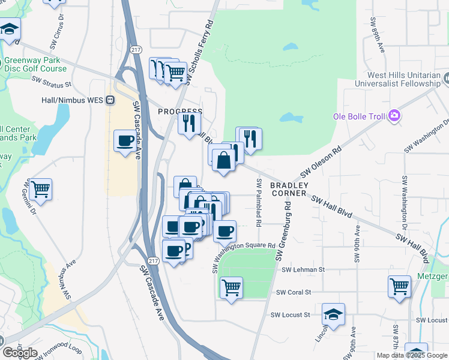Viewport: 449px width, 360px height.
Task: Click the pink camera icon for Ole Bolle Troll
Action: click(394, 115)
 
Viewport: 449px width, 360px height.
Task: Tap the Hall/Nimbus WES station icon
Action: click(110, 100)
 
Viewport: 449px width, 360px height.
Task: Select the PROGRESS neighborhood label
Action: click(179, 112)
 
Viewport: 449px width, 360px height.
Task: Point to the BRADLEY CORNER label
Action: click(289, 189)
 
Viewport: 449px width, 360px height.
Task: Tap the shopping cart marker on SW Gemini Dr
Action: click(40, 189)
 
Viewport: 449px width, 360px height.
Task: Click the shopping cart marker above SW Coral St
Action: click(231, 287)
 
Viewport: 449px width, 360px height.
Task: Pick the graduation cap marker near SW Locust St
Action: click(333, 314)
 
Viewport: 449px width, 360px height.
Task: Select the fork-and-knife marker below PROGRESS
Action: click(189, 124)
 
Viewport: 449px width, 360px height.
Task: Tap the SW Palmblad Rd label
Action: click(259, 202)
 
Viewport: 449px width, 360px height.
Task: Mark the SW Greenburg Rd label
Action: click(284, 230)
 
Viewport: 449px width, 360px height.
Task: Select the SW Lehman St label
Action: click(303, 270)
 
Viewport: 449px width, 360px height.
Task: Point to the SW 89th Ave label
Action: click(377, 38)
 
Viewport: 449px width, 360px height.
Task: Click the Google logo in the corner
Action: click(20, 353)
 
